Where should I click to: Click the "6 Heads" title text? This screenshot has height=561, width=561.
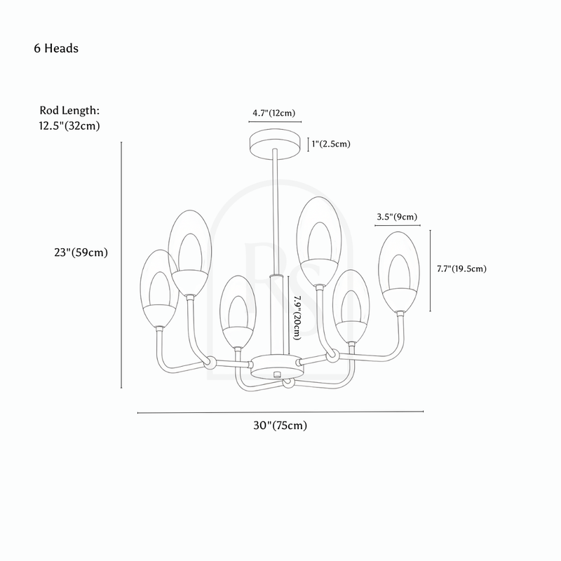(x=56, y=48)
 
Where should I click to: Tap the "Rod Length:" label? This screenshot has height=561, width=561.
(x=69, y=110)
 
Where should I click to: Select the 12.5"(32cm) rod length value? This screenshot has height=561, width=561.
(x=69, y=126)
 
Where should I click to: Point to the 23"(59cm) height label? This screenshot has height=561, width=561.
(x=81, y=252)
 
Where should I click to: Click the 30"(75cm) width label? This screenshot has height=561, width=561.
(x=280, y=426)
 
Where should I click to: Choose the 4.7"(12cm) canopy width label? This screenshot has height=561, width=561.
(x=274, y=113)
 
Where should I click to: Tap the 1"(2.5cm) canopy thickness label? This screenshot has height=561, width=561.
(x=331, y=144)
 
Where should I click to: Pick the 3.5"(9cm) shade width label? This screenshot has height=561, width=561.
(x=397, y=217)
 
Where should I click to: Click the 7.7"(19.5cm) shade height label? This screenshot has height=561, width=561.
(x=461, y=269)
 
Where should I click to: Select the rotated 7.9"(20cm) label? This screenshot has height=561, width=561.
(x=297, y=318)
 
